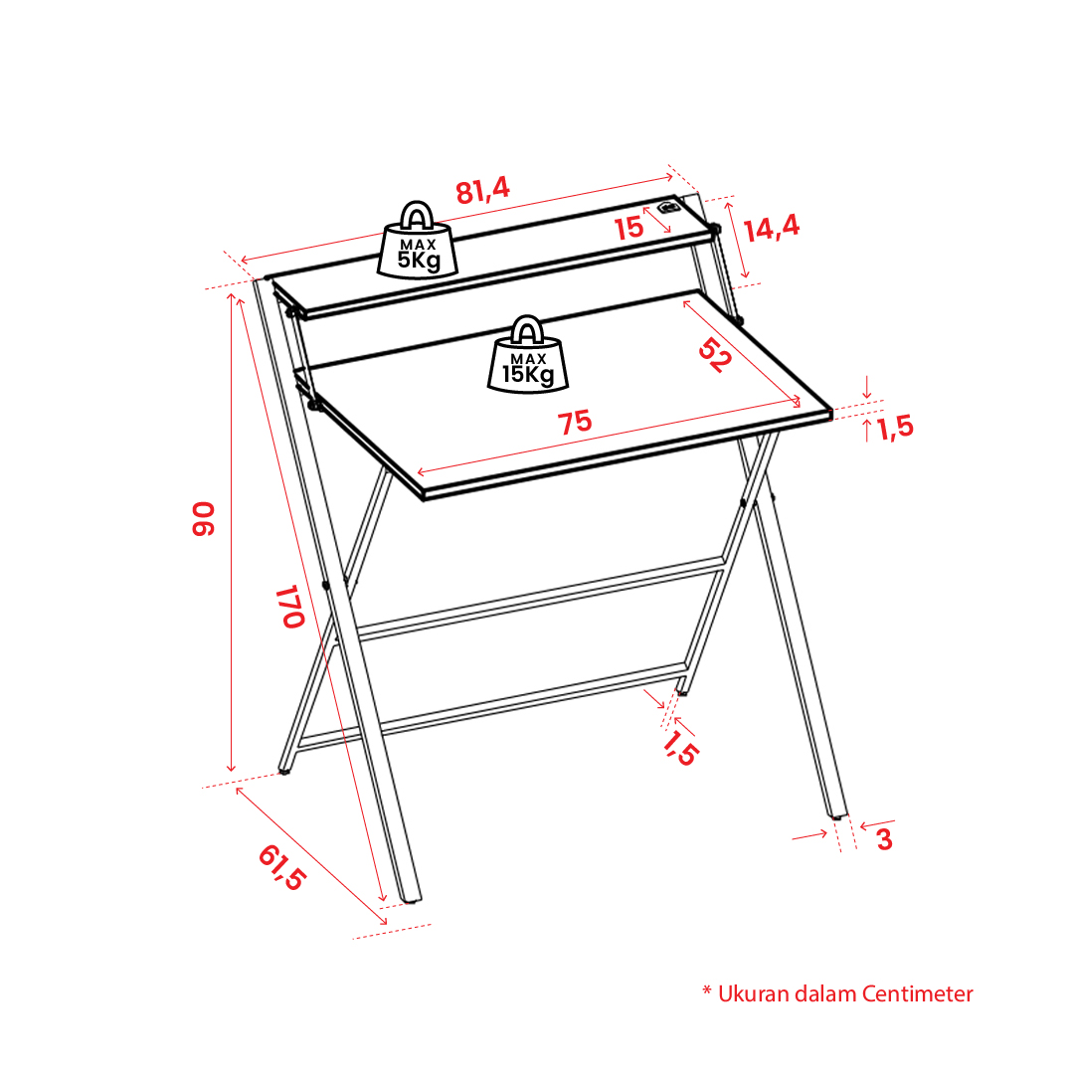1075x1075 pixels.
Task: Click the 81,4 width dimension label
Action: [x=482, y=190]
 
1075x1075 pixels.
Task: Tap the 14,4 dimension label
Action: [x=772, y=228]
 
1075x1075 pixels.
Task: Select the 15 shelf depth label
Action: [x=628, y=229]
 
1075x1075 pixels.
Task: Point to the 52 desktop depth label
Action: [x=714, y=354]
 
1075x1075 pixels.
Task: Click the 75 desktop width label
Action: [x=575, y=423]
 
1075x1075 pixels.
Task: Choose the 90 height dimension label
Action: [x=204, y=518]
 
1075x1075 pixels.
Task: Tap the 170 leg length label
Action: [x=290, y=607]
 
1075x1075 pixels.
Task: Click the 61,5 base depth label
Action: [x=281, y=867]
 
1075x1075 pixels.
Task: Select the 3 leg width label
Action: [x=884, y=839]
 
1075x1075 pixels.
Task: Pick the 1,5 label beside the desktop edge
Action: [x=895, y=428]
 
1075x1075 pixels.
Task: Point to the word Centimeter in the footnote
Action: [x=917, y=994]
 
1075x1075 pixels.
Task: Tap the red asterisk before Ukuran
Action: [x=707, y=990]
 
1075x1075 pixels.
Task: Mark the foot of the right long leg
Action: [x=838, y=815]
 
